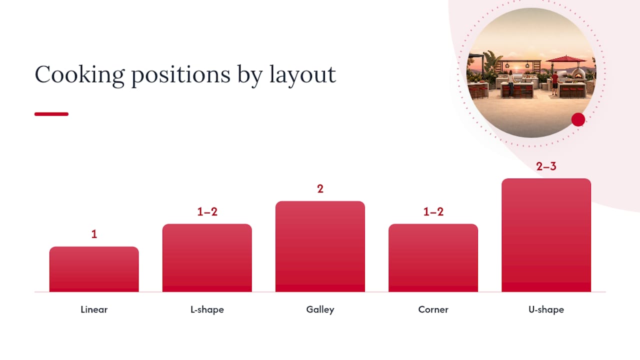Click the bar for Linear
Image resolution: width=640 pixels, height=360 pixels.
tap(94, 269)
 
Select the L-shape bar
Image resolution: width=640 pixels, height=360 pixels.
tap(207, 258)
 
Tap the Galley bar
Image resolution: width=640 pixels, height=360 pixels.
tap(320, 246)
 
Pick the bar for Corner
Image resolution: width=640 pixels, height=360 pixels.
tap(433, 258)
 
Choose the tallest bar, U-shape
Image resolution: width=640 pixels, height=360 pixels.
tap(546, 235)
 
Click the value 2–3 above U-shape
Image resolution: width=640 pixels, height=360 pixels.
tap(546, 166)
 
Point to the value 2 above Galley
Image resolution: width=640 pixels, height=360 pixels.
tap(320, 189)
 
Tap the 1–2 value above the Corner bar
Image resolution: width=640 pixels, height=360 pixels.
tap(433, 211)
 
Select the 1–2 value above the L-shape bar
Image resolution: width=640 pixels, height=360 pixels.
tap(207, 211)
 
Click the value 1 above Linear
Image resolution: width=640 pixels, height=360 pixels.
tap(94, 234)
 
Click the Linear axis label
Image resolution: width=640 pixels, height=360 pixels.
tap(94, 309)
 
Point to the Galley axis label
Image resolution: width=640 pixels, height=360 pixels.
tap(320, 309)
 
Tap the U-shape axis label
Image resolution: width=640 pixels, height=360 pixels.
tap(546, 309)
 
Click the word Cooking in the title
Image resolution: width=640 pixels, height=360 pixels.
tap(79, 75)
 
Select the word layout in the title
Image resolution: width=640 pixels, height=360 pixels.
tap(302, 75)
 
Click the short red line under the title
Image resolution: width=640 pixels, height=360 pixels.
tap(51, 114)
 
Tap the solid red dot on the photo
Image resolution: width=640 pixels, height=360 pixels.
tap(578, 119)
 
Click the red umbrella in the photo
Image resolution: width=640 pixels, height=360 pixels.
tap(566, 59)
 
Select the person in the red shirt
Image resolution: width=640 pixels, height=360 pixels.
tap(554, 83)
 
